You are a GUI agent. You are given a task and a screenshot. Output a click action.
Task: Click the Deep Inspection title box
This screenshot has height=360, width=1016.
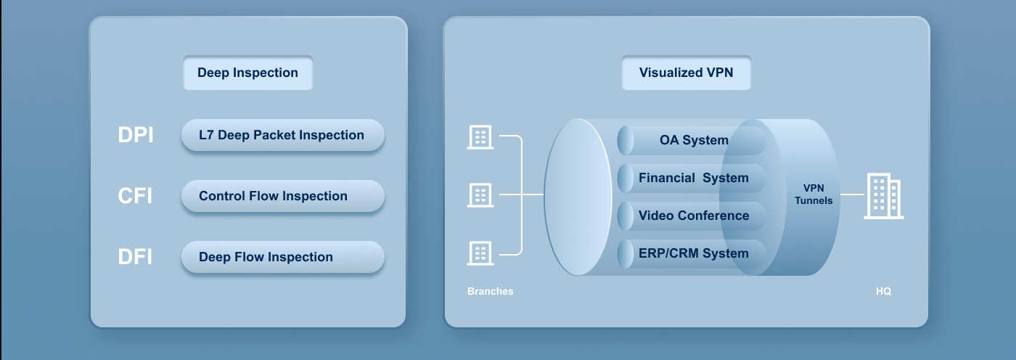click(x=247, y=73)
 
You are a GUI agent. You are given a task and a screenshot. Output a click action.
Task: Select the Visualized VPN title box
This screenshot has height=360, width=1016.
click(x=686, y=73)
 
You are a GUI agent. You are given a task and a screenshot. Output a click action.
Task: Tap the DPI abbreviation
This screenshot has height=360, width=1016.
click(x=136, y=135)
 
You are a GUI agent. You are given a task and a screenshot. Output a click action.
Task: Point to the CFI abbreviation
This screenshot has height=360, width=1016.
click(x=135, y=196)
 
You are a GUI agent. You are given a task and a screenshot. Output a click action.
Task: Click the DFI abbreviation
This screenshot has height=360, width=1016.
click(x=135, y=257)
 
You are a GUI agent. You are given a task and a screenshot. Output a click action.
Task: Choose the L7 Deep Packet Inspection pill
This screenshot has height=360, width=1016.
click(x=283, y=135)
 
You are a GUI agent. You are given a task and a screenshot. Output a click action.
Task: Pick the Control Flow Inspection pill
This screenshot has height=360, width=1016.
click(x=283, y=196)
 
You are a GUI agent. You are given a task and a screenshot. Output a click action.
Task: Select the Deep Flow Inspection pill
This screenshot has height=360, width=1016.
click(x=283, y=257)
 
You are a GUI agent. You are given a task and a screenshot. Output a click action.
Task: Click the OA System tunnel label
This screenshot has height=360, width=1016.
click(x=694, y=140)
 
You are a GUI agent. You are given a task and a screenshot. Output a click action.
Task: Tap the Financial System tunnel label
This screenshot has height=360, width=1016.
click(x=694, y=178)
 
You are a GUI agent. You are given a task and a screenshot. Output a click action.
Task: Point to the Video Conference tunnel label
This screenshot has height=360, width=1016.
click(x=694, y=216)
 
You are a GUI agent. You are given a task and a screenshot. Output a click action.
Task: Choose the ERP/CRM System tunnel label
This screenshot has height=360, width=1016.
click(x=694, y=253)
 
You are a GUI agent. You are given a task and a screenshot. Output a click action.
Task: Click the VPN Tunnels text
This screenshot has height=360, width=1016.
click(x=814, y=195)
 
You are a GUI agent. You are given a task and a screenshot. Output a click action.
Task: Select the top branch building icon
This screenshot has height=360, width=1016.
click(x=480, y=136)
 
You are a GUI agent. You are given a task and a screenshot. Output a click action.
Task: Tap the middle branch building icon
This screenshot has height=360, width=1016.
click(x=480, y=195)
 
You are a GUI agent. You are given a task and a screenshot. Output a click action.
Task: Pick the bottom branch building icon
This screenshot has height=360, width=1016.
click(x=480, y=253)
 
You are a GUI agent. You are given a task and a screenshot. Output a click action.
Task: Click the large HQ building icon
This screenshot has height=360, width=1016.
click(x=884, y=196)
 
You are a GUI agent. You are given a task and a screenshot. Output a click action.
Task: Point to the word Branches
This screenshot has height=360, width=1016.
click(x=491, y=292)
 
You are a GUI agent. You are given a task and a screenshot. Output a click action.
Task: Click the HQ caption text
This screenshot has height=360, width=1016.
click(x=884, y=292)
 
